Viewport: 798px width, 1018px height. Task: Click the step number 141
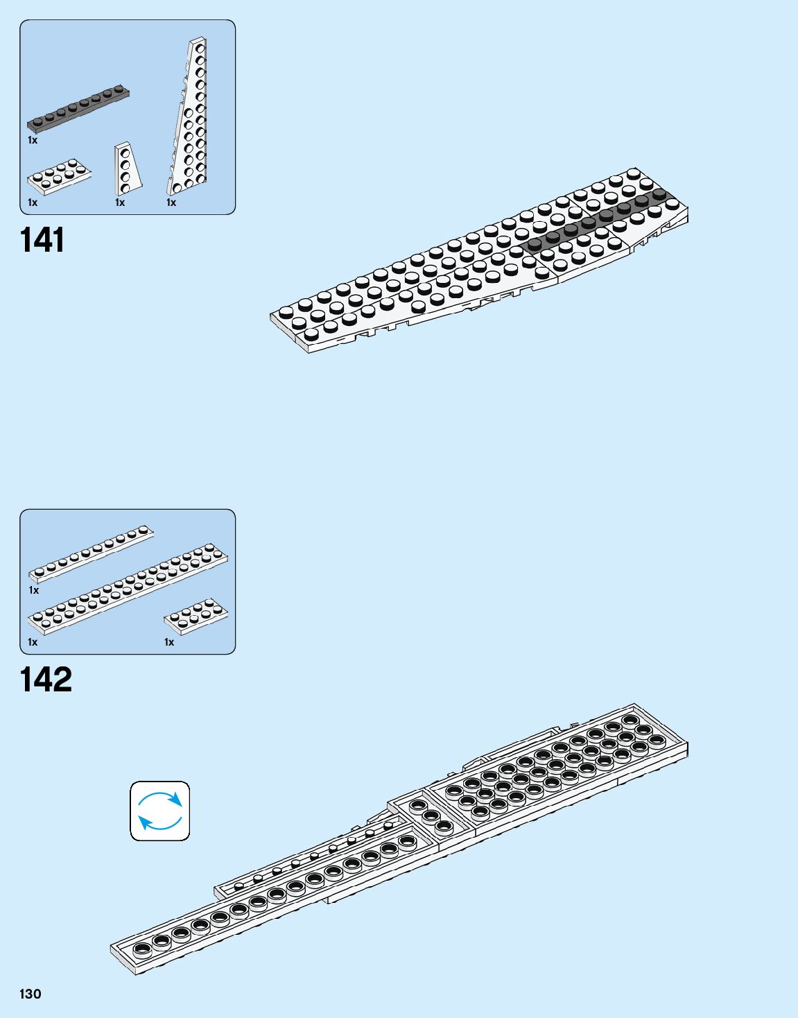(42, 241)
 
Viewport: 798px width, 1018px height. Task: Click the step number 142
(46, 680)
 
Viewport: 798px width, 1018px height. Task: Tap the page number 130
(31, 994)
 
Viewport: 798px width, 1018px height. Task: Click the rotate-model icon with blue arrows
(160, 811)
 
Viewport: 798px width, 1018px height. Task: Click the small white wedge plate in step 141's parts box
(127, 169)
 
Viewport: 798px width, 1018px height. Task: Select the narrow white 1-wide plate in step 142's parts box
(91, 553)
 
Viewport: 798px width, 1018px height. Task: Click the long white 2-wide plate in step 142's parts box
(128, 589)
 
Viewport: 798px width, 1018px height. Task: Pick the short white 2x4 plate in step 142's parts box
(196, 616)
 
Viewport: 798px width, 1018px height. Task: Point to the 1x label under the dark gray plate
(33, 140)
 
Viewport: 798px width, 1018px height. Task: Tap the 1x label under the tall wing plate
(171, 202)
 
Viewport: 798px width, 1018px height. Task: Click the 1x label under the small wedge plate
(120, 202)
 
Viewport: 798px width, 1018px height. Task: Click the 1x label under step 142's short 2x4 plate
(169, 642)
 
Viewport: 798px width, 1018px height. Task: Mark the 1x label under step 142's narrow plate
(34, 590)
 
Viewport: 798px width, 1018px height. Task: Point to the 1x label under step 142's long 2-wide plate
(33, 642)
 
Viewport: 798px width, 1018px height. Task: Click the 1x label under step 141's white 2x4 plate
(33, 202)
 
